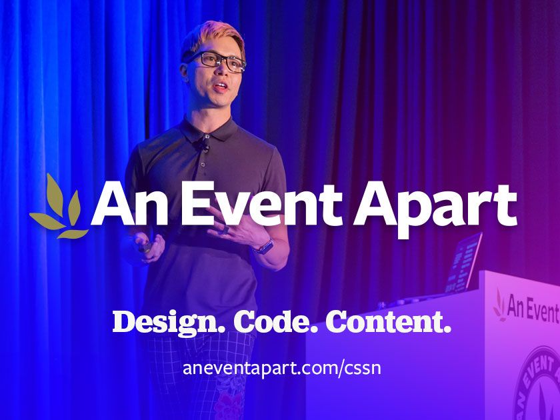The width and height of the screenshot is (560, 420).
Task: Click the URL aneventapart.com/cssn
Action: (x=281, y=367)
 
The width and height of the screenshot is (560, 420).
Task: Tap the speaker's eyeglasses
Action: (x=215, y=62)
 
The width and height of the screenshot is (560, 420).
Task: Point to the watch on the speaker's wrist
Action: (x=265, y=246)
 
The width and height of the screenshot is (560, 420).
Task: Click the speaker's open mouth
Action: (x=221, y=86)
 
